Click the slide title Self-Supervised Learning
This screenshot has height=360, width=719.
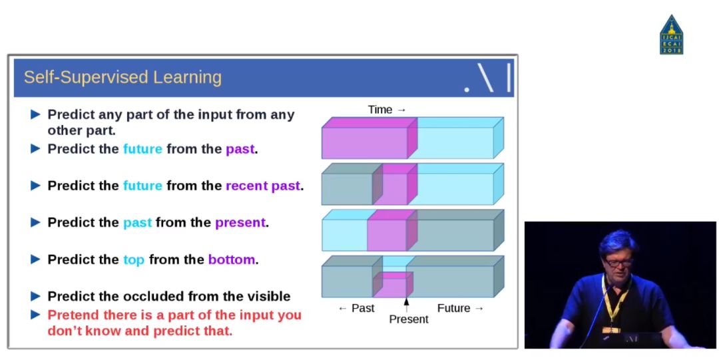tap(122, 77)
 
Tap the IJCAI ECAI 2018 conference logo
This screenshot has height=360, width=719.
tap(671, 35)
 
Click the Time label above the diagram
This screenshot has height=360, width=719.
tap(380, 110)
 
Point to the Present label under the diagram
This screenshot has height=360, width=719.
tap(409, 319)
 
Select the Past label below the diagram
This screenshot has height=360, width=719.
tap(363, 308)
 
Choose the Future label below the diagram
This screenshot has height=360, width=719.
tap(453, 308)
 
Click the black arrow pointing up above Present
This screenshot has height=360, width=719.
tap(406, 305)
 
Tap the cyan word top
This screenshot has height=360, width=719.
tap(134, 260)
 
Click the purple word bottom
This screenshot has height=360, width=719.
tap(232, 260)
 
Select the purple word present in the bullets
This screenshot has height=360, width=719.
tap(240, 223)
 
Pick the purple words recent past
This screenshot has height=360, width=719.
tap(263, 186)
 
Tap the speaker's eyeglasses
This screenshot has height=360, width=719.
tap(618, 262)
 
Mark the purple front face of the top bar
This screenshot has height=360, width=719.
tap(365, 143)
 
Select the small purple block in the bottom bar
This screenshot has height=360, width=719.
tap(389, 287)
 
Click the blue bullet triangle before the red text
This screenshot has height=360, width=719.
tap(35, 315)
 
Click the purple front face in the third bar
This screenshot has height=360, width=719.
tap(387, 235)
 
